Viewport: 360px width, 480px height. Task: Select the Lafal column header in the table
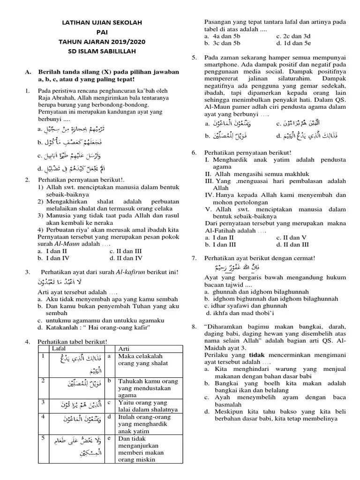pos(59,349)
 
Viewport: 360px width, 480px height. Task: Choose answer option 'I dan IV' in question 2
pos(56,257)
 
